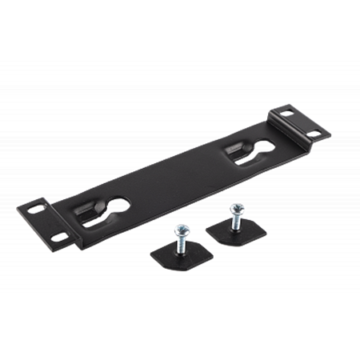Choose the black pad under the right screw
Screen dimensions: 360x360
[x=228, y=234]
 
